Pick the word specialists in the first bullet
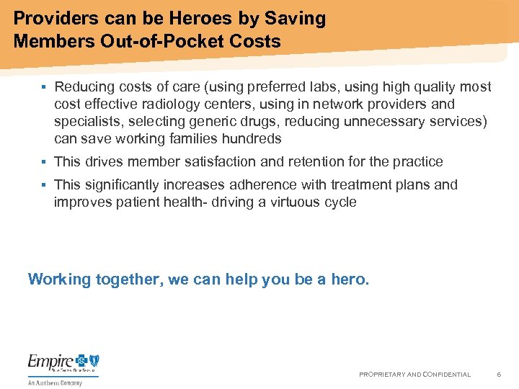[88, 122]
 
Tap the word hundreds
[252, 139]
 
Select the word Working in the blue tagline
[60, 280]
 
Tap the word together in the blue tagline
[130, 280]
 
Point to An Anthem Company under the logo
[56, 383]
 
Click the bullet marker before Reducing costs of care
[43, 87]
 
